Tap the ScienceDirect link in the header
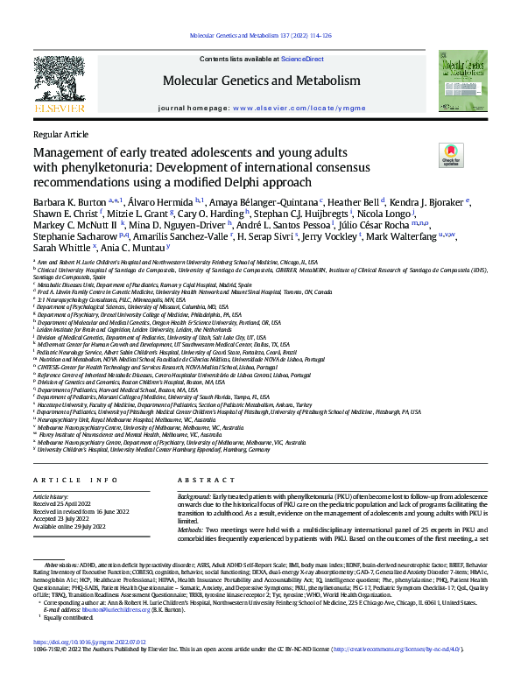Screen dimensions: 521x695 click(302, 59)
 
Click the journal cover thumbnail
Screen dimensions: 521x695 click(463, 81)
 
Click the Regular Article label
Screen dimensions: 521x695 click(60, 134)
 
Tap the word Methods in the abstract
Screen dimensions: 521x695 click(192, 530)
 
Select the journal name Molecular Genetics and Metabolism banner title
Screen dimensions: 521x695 click(261, 81)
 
